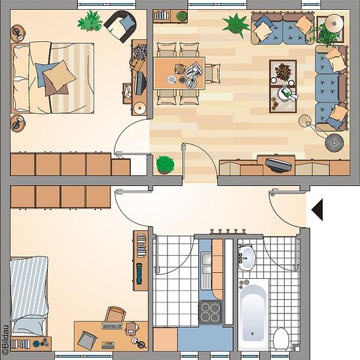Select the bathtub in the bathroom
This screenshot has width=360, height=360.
click(253, 314)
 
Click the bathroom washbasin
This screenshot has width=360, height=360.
click(247, 257)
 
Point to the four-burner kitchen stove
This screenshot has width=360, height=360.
click(210, 312)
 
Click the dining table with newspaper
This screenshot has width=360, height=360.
click(179, 73)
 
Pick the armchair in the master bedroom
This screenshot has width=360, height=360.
click(120, 26)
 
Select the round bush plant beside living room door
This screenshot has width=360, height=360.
click(165, 164)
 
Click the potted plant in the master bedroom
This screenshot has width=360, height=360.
click(90, 21)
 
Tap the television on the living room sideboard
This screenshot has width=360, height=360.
click(278, 164)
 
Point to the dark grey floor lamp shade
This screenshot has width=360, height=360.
click(334, 143)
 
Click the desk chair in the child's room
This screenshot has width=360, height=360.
click(115, 314)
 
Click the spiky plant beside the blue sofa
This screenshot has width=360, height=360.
click(236, 25)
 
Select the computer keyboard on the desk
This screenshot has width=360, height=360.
click(112, 325)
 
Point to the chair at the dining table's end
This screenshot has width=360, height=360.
click(213, 73)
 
